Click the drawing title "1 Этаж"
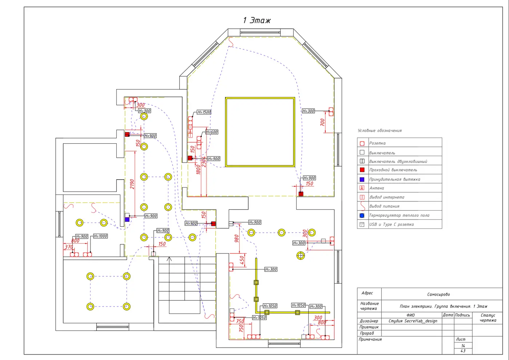click(257, 20)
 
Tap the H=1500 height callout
click(204, 112)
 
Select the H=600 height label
click(212, 132)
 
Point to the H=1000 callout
click(100, 236)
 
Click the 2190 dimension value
click(132, 184)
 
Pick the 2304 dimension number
click(204, 162)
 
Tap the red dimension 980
click(237, 239)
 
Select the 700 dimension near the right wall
click(322, 122)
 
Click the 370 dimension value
click(69, 247)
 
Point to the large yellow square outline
click(260, 98)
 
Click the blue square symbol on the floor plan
click(127, 219)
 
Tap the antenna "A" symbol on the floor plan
click(190, 132)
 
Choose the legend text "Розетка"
click(377, 143)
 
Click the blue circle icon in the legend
click(362, 215)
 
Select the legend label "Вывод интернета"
click(387, 197)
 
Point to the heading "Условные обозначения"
click(380, 131)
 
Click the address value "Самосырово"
click(438, 294)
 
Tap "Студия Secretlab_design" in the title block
click(413, 321)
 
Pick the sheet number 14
click(463, 346)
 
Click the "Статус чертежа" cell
click(488, 318)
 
